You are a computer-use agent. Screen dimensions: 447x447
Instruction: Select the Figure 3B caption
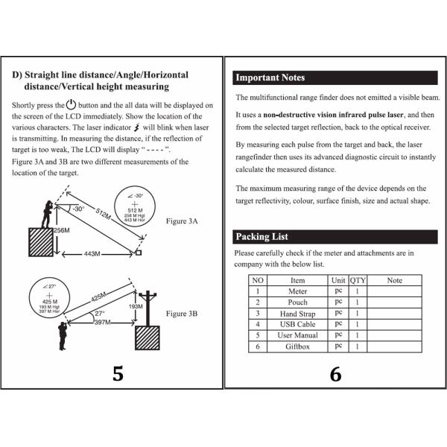(x=182, y=314)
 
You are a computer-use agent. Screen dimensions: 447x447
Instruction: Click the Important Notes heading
(x=270, y=77)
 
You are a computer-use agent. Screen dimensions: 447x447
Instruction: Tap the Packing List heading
(x=261, y=237)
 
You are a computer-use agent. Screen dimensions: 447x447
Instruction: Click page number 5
(x=118, y=374)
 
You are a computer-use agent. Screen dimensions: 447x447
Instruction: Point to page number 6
(x=335, y=374)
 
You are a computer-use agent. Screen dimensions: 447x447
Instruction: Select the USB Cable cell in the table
(x=297, y=324)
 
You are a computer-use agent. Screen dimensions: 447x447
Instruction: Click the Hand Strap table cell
(x=297, y=314)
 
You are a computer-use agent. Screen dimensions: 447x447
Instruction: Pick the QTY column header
(x=358, y=280)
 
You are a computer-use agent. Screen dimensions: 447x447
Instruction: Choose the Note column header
(x=395, y=280)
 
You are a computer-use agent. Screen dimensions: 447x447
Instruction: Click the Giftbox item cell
(x=297, y=346)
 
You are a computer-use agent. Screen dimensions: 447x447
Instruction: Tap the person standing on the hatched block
(x=48, y=213)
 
